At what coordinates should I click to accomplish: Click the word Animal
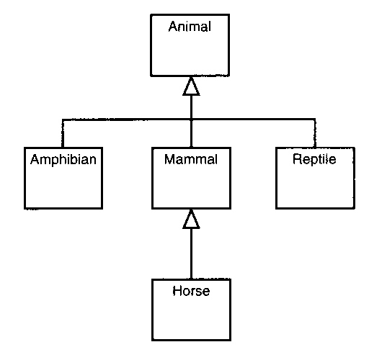click(190, 27)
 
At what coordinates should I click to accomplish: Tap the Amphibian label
click(63, 160)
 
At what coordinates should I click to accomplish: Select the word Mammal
click(191, 159)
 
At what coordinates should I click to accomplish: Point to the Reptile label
click(314, 159)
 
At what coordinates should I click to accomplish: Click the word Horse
click(191, 291)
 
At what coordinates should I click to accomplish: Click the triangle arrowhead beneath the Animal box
click(191, 86)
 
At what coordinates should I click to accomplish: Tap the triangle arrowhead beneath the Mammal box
click(191, 219)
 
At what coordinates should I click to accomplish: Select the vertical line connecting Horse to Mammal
click(191, 253)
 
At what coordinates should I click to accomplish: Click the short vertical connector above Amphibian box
click(63, 133)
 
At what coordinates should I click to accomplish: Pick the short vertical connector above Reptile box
click(315, 133)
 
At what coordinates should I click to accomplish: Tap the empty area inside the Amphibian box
click(63, 187)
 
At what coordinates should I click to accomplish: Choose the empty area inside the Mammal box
click(191, 186)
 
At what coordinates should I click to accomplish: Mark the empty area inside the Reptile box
click(315, 187)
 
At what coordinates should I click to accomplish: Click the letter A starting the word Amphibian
click(35, 160)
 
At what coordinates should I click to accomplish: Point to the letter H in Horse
click(177, 291)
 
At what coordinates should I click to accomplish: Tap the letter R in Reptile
click(297, 159)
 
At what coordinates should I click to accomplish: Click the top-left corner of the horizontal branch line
click(63, 120)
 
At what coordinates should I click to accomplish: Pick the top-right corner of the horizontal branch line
click(315, 120)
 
